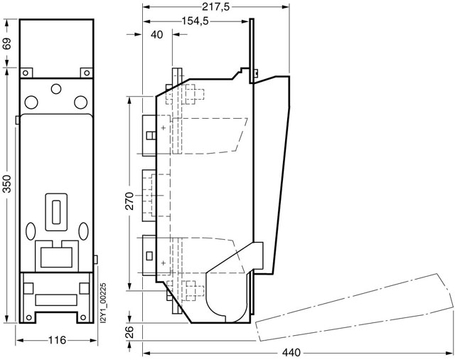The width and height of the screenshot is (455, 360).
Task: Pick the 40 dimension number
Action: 156,35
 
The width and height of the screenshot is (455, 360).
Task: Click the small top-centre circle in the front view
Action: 55,89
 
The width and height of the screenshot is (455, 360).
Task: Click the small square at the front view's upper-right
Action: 85,71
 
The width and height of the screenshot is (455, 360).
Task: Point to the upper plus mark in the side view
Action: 164,127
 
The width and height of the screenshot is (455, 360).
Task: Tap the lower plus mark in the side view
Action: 164,264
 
